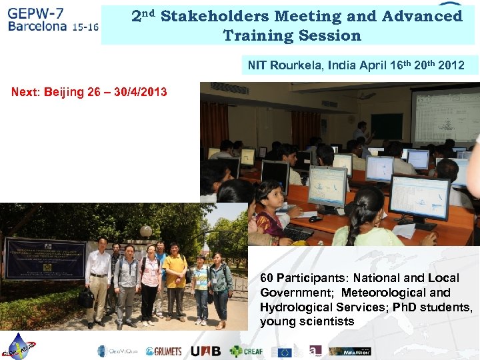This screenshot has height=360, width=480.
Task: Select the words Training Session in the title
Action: [291, 35]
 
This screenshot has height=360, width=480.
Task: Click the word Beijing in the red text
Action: [67, 91]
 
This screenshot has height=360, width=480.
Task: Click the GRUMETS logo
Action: [163, 351]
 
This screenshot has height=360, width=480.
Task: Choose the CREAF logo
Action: [247, 351]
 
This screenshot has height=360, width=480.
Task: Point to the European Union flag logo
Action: [285, 351]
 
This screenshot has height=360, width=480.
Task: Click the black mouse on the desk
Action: [315, 219]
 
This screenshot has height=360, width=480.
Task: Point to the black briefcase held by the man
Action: [86, 298]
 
